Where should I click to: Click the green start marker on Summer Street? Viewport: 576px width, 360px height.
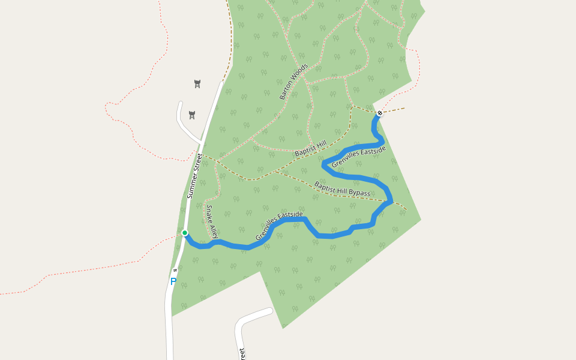(x=185, y=233)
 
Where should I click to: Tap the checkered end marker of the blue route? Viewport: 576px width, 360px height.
(x=380, y=113)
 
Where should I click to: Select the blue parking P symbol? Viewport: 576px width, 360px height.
(x=173, y=281)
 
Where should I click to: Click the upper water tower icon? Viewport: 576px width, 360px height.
(x=197, y=83)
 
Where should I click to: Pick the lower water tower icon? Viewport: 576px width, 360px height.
(x=192, y=115)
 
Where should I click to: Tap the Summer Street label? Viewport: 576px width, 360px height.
(x=195, y=176)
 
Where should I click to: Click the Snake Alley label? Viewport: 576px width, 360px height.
(x=212, y=221)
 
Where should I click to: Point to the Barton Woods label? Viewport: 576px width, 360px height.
(x=293, y=81)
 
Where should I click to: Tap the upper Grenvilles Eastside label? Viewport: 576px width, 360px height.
(x=358, y=155)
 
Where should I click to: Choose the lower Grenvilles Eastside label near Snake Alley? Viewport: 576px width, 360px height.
(x=279, y=226)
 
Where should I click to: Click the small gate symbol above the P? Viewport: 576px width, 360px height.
(x=175, y=270)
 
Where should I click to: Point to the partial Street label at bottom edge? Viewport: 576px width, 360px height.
(x=242, y=354)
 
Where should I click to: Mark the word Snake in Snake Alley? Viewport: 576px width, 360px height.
(x=210, y=213)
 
